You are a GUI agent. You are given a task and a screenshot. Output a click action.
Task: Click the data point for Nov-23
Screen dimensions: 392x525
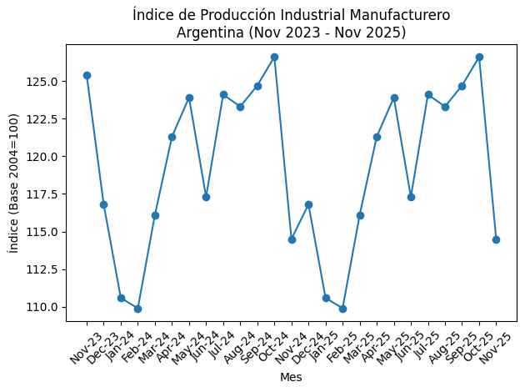click(87, 75)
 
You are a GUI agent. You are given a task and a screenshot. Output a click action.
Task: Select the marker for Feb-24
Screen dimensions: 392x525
click(137, 309)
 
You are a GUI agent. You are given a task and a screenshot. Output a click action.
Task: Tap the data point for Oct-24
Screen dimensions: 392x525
click(274, 57)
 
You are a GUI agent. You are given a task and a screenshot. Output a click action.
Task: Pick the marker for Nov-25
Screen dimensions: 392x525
click(496, 239)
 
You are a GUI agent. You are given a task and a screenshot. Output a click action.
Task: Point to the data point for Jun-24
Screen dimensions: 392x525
click(206, 197)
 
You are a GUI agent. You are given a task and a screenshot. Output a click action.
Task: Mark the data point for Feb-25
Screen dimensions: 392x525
click(342, 309)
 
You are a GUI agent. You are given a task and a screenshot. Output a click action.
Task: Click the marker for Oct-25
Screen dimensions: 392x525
click(479, 57)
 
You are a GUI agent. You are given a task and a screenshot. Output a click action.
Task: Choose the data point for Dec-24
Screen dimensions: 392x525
click(308, 204)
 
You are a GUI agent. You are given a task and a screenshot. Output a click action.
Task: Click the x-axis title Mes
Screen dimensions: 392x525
click(291, 377)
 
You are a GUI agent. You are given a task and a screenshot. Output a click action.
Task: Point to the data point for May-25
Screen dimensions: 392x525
click(394, 98)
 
